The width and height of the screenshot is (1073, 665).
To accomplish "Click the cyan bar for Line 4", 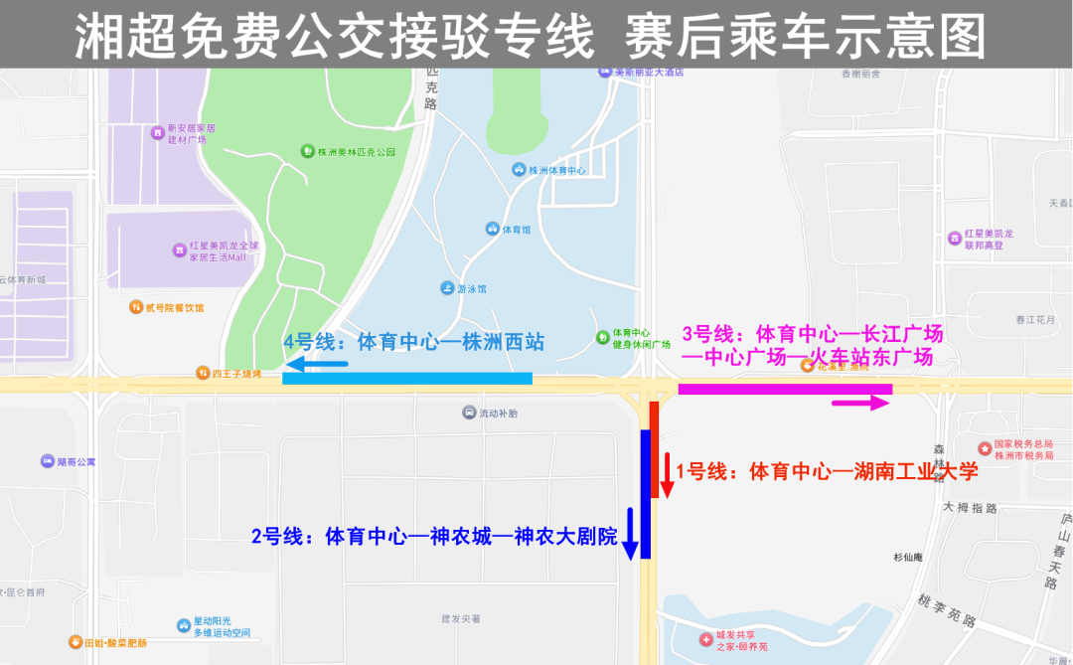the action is (407, 378).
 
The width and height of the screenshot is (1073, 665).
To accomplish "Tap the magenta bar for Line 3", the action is (785, 389).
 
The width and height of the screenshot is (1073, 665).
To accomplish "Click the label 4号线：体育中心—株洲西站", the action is (414, 342).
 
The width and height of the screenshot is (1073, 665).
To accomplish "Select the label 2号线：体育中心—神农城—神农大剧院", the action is (434, 537).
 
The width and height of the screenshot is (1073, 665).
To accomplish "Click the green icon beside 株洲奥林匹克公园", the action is (308, 151).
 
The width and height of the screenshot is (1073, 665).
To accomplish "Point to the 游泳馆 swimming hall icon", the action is (447, 288).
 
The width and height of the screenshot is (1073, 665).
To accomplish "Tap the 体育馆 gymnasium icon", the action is (492, 229).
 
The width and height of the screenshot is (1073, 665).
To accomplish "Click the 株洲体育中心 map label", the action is (556, 170).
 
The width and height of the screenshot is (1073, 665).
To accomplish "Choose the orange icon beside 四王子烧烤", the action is (203, 374).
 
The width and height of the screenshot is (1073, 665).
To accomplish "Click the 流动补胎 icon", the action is (469, 413).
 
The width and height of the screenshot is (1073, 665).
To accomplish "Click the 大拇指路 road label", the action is (970, 508).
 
